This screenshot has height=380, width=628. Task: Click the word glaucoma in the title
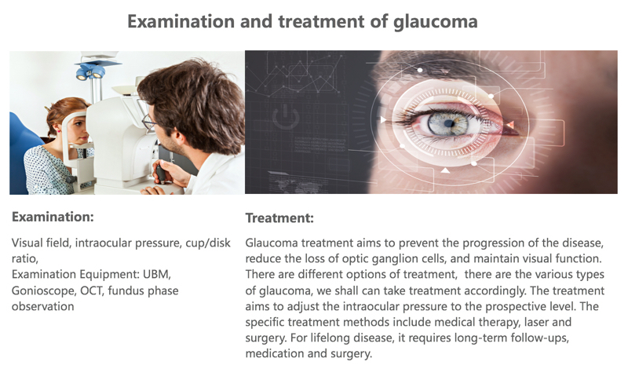pos(436,22)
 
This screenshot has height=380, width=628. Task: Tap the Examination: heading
pos(53,217)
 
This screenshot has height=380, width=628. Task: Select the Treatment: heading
pos(279,217)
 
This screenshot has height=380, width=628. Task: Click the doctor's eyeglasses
pos(149,122)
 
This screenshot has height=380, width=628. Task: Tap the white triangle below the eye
pos(445,171)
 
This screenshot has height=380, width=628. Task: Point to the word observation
pos(43,307)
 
